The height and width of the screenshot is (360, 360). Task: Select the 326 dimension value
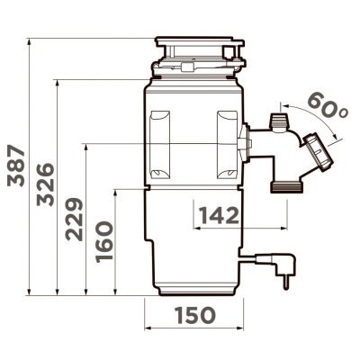(x=46, y=185)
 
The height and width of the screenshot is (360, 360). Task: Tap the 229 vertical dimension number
(x=75, y=220)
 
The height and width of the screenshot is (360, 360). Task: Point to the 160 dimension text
(x=103, y=241)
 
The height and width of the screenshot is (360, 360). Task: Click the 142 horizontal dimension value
(x=219, y=215)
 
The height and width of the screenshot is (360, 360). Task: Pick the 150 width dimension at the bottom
(x=195, y=315)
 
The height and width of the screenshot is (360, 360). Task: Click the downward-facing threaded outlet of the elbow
(x=284, y=185)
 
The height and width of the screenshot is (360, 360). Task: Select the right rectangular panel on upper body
(x=226, y=141)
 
